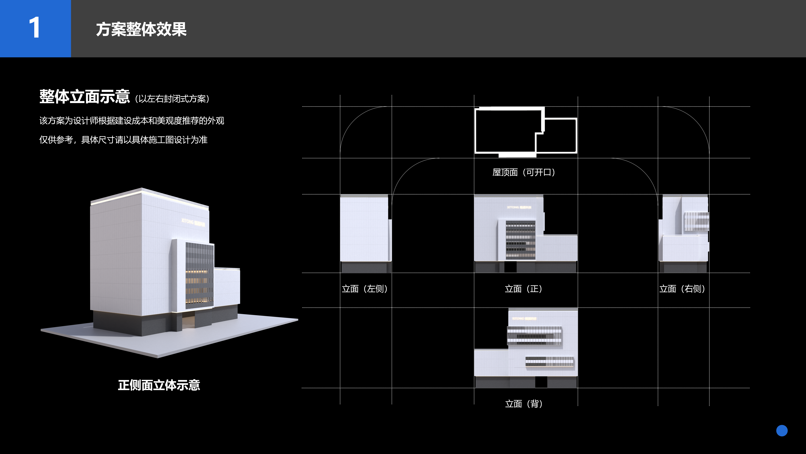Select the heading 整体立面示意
pos(84,97)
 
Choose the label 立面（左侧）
pos(365,289)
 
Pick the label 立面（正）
pos(523,289)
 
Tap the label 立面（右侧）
pos(682,289)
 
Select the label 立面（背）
pos(524,404)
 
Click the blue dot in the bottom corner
pos(782,430)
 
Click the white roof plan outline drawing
pos(525,132)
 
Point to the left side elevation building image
pos(365,232)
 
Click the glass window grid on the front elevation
pos(520,240)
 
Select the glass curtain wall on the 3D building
pos(199,276)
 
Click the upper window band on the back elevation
pos(534,336)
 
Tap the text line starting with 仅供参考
pos(123,140)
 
